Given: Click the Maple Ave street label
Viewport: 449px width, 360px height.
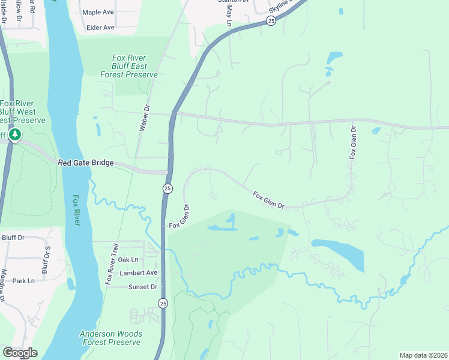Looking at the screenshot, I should coord(98,12).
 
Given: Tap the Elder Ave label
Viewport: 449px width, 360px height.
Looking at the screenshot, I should coord(100,28).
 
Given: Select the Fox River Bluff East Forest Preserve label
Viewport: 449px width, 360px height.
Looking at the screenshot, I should coord(134,66).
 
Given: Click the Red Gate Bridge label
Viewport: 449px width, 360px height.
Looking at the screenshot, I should coord(85,163).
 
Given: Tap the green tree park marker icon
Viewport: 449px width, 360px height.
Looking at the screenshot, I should coord(15,136).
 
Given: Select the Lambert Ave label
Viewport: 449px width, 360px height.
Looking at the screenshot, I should coord(137,272).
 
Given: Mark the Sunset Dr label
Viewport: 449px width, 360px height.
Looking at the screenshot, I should coord(142,287).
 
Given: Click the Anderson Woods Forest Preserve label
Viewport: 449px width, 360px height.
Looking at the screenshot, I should coord(111,338).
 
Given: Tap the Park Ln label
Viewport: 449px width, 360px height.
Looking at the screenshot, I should coord(23,280).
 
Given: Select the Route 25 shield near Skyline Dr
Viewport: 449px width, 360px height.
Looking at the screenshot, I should coord(271,21).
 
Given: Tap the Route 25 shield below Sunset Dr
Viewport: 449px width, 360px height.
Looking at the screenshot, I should coord(164,304).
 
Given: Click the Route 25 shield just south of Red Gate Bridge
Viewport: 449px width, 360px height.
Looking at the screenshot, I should coord(167,188).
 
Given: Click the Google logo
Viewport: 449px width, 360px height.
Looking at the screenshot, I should coord(20,352).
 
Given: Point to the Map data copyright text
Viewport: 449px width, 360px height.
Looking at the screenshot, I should coord(423,355).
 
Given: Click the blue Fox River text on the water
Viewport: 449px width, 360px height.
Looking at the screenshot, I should coord(77,211).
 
